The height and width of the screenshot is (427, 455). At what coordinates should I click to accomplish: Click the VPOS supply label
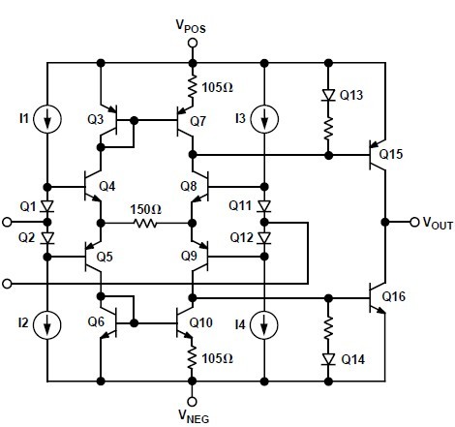[193, 22]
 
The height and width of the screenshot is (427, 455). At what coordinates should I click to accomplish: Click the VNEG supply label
[193, 416]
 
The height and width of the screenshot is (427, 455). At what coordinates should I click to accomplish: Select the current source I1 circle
[47, 119]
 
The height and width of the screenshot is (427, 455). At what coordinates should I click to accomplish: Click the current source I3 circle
[263, 119]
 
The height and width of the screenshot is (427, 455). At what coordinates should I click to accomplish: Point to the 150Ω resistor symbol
[146, 222]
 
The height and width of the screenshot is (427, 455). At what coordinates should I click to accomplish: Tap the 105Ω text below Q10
[218, 358]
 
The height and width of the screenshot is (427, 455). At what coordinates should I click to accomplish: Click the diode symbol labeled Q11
[263, 205]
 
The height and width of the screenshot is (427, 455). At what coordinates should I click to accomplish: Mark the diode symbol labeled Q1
[47, 205]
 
